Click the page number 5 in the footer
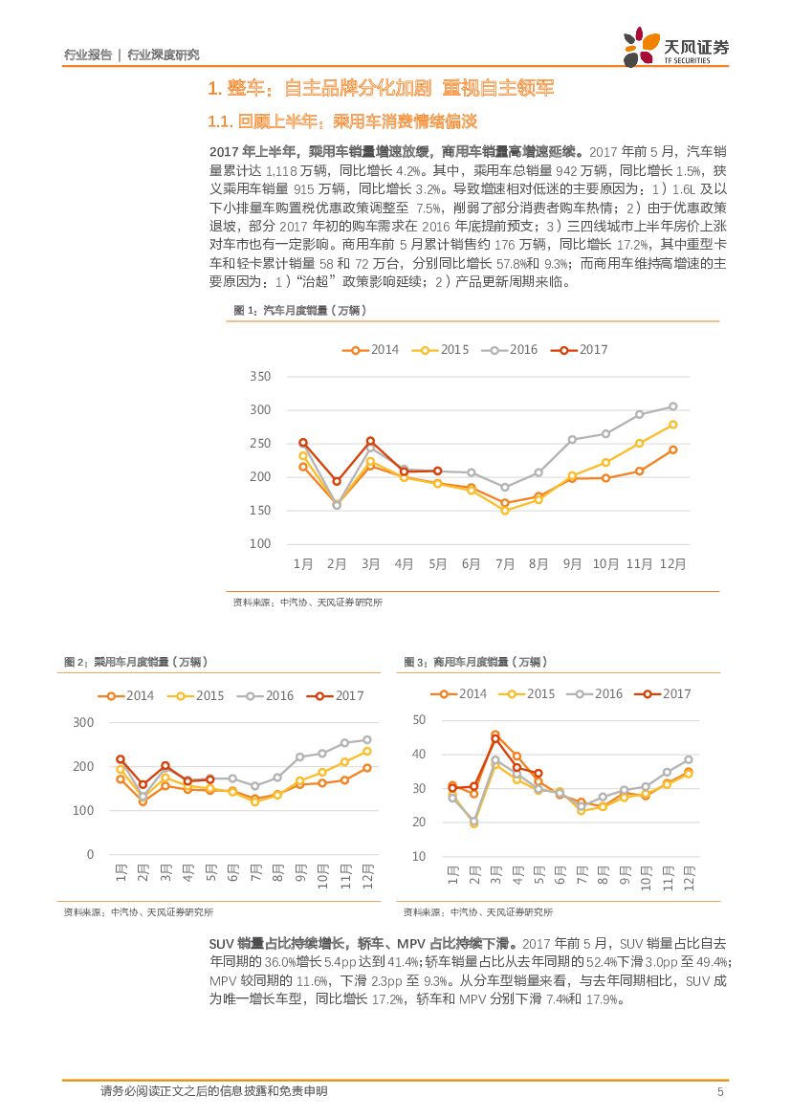719,1091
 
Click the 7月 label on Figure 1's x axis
504,564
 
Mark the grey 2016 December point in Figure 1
672,406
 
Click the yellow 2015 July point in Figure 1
505,511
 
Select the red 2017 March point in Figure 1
370,441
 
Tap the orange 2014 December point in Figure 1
672,449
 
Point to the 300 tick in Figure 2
83,723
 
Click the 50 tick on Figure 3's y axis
420,720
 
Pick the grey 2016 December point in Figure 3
688,760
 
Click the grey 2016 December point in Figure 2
367,739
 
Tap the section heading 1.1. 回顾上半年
341,121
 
